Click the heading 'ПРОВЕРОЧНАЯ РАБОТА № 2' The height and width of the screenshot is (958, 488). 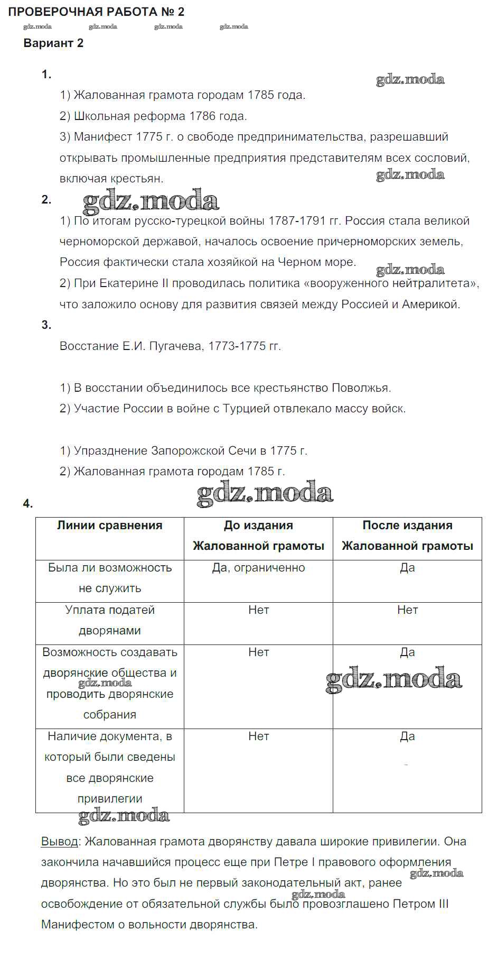pyautogui.click(x=96, y=12)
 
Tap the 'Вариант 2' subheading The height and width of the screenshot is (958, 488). pyautogui.click(x=53, y=43)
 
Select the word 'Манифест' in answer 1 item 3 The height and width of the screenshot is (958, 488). pyautogui.click(x=103, y=136)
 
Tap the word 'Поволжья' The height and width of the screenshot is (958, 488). pyautogui.click(x=361, y=388)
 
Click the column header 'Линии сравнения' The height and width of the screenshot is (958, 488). pyautogui.click(x=110, y=526)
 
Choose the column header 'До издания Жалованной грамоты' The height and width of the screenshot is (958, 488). pyautogui.click(x=258, y=536)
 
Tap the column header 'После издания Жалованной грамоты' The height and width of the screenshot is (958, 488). pyautogui.click(x=407, y=536)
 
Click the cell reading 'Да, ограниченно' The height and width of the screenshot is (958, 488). pyautogui.click(x=258, y=568)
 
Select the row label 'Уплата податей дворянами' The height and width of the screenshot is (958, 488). pyautogui.click(x=110, y=620)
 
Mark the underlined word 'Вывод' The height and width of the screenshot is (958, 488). pyautogui.click(x=59, y=841)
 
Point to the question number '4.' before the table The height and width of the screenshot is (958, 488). pyautogui.click(x=28, y=504)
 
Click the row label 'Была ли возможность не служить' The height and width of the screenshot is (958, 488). pyautogui.click(x=110, y=578)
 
